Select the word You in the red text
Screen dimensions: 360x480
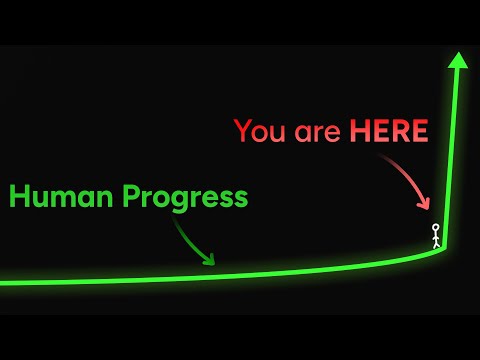pos(260,131)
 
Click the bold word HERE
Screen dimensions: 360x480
pos(388,131)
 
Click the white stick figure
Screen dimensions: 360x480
pos(436,236)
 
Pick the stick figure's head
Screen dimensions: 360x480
pos(436,228)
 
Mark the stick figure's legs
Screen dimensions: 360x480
pos(436,244)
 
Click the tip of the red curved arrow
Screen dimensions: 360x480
pos(428,211)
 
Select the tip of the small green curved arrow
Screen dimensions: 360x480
pos(213,263)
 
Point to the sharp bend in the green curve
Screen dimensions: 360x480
pos(444,247)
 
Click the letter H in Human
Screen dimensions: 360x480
pos(20,197)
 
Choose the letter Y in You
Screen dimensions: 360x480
pos(243,131)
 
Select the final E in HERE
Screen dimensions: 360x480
pos(419,131)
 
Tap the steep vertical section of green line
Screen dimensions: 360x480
pos(453,150)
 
